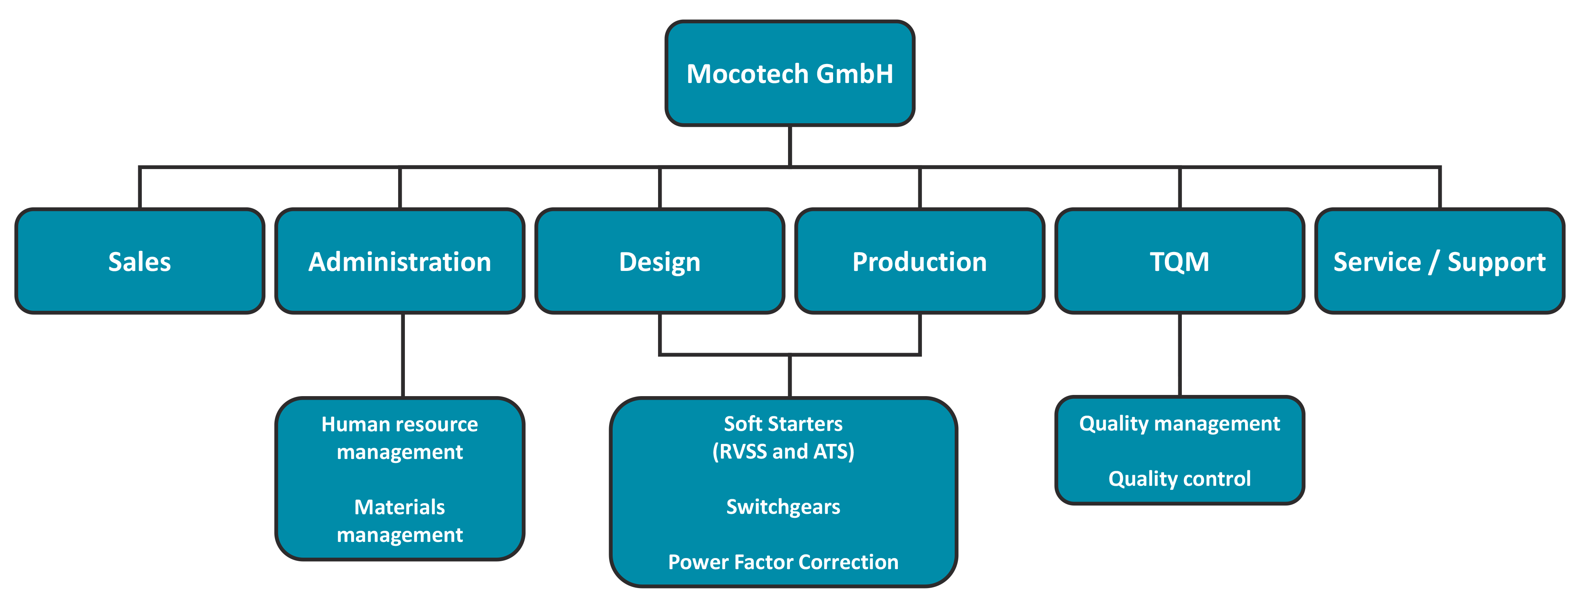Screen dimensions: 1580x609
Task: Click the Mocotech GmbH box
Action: click(x=790, y=73)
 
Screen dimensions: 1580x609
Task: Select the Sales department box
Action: click(x=140, y=261)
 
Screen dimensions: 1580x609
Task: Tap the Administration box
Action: click(x=400, y=261)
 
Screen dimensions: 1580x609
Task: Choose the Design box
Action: click(x=660, y=261)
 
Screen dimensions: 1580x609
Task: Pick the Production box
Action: click(x=920, y=261)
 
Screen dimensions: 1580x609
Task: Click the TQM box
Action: click(x=1179, y=261)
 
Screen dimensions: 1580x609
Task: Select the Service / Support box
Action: click(x=1439, y=261)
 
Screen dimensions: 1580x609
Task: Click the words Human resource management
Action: click(x=400, y=438)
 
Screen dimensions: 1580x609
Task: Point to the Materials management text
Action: click(x=400, y=521)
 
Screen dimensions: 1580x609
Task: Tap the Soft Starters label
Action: click(x=783, y=424)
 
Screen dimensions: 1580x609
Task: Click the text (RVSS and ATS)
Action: click(x=783, y=451)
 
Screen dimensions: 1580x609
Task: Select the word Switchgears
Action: click(x=783, y=507)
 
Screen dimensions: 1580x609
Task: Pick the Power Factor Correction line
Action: click(x=783, y=562)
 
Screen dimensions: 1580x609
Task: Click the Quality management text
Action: click(x=1179, y=424)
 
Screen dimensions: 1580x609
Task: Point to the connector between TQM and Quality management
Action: click(x=1179, y=355)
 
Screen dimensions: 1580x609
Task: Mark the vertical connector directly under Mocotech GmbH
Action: click(x=790, y=146)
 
